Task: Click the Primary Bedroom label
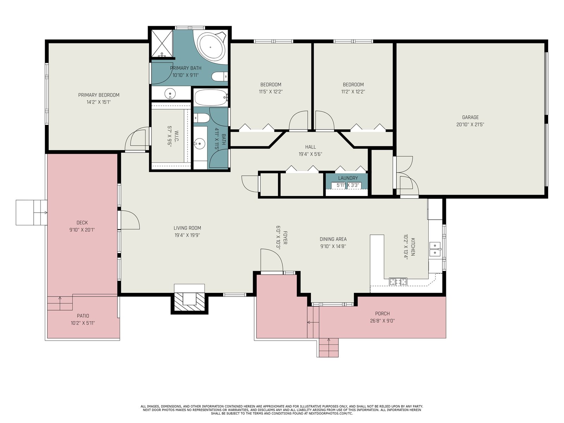click(x=99, y=95)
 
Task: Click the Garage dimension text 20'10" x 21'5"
click(x=470, y=124)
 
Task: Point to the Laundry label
click(x=348, y=178)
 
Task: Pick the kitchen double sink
click(x=435, y=249)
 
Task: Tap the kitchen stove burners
click(x=398, y=282)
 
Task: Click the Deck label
click(x=82, y=223)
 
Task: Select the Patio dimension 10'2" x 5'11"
click(x=83, y=323)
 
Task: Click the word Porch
click(x=382, y=314)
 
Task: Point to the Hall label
click(x=311, y=147)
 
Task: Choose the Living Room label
click(x=187, y=228)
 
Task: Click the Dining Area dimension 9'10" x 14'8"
click(x=333, y=246)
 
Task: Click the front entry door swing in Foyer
click(x=272, y=260)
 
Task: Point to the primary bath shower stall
click(x=162, y=43)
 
